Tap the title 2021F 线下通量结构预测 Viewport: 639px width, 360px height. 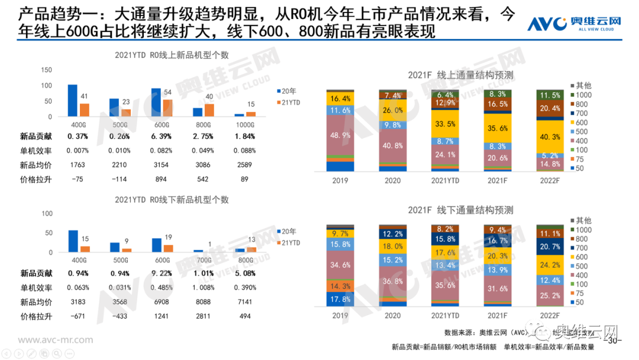pos(460,210)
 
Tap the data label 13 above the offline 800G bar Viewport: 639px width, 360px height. pos(251,240)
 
